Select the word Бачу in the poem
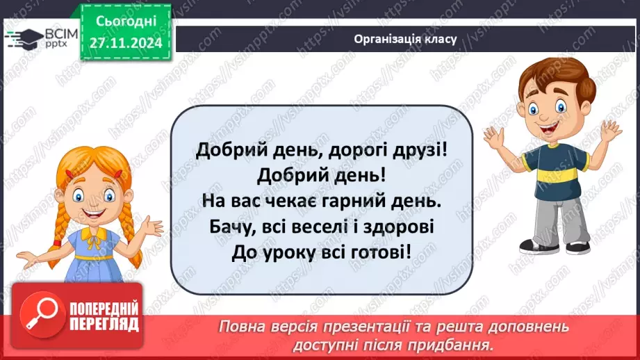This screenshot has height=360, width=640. tap(229, 227)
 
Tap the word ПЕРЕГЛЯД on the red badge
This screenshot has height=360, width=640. tap(104, 324)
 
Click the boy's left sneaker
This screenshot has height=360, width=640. tap(578, 247)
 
